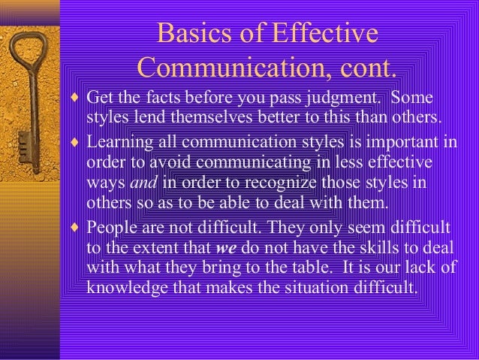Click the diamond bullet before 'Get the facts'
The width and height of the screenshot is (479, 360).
click(x=75, y=100)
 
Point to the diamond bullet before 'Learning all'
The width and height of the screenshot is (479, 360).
click(x=75, y=143)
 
